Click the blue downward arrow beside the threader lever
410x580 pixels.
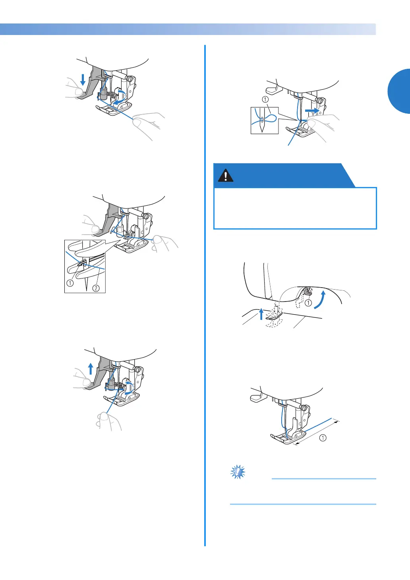[83, 80]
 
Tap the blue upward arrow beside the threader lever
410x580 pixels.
[91, 368]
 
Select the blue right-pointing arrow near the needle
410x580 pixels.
[312, 111]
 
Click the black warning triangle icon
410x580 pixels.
[226, 175]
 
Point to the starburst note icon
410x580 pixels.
[238, 472]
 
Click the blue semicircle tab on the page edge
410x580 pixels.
[399, 91]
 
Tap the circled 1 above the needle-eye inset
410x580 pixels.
[265, 99]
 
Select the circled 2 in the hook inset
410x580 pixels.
[96, 288]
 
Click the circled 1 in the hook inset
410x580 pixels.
[70, 283]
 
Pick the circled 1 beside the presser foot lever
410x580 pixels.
[308, 303]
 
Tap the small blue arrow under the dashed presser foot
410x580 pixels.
[261, 314]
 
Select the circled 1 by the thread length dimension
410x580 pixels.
[323, 438]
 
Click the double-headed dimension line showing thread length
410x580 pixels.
[317, 433]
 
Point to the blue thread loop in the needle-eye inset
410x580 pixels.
[266, 118]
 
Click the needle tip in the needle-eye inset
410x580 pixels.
[262, 132]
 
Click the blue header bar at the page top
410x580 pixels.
[188, 29]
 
